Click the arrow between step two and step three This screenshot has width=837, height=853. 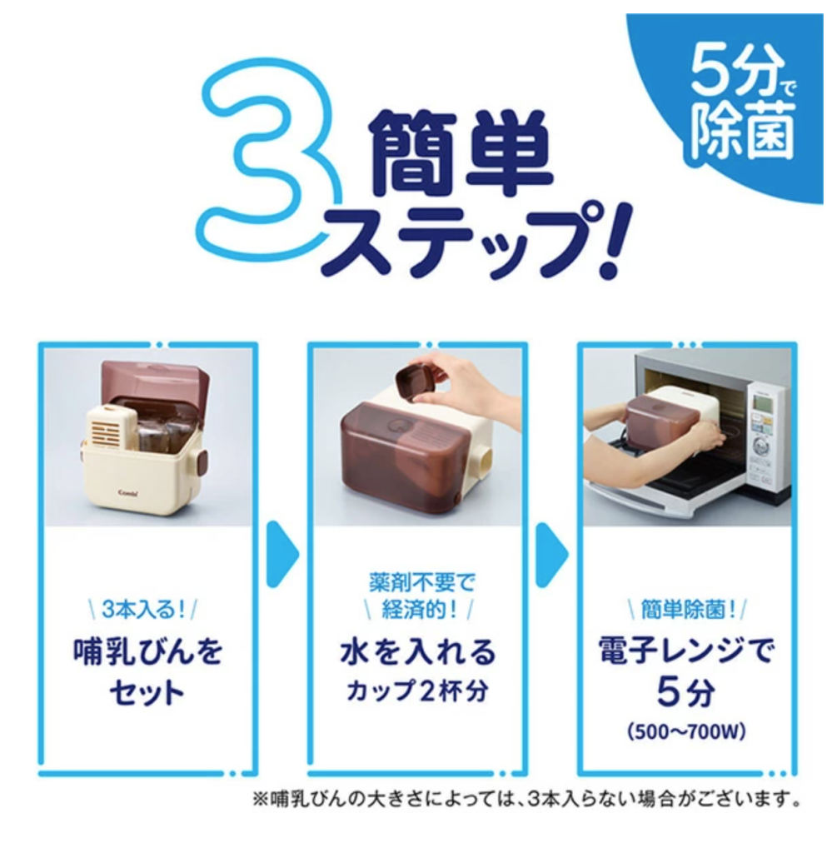coord(552,555)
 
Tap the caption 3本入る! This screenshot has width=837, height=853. coord(143,610)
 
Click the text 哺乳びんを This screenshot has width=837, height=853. coord(147,651)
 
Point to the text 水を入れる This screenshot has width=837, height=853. coord(418,651)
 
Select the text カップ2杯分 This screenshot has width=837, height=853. coord(418,691)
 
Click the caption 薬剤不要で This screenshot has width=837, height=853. coord(421,582)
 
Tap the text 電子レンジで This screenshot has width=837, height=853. coord(685,651)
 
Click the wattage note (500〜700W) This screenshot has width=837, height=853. coord(685,732)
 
